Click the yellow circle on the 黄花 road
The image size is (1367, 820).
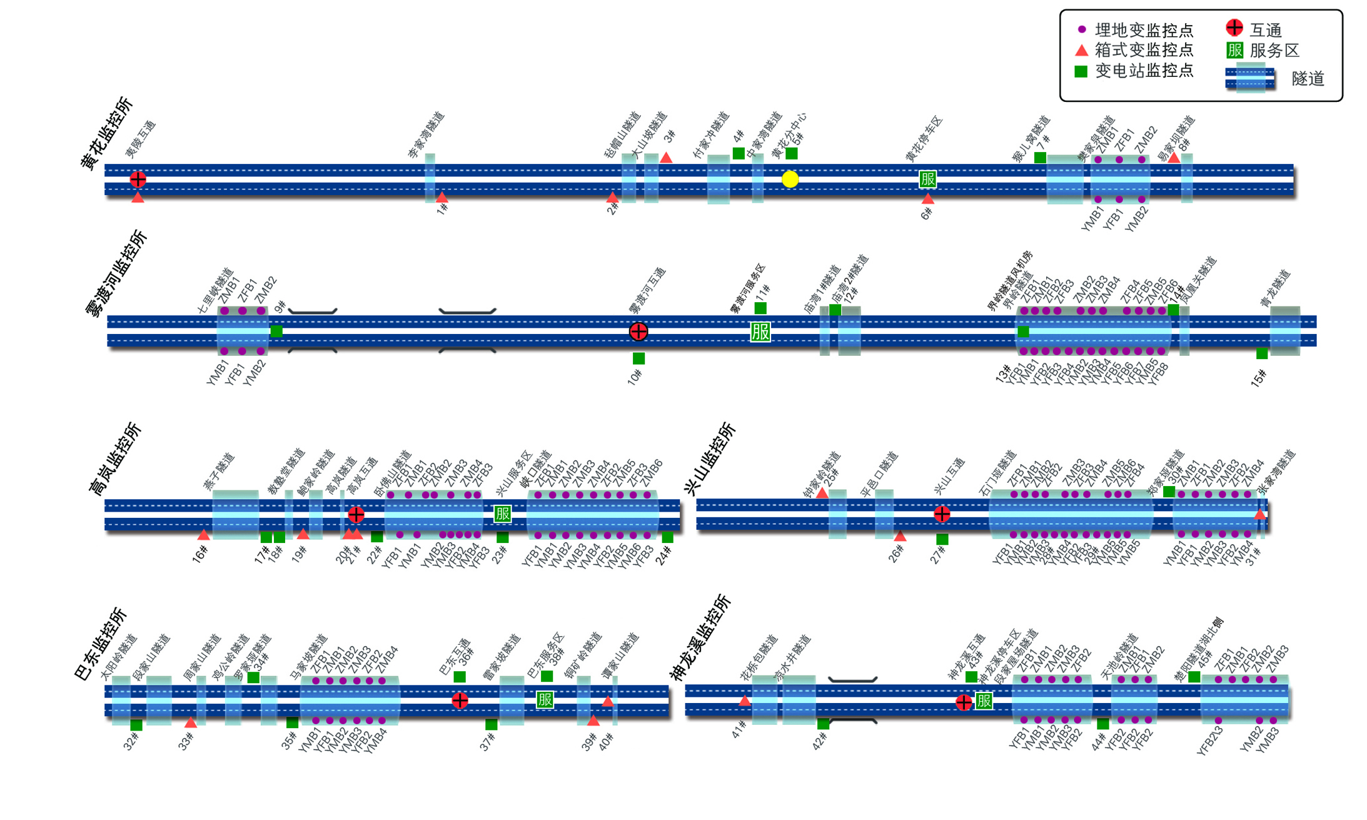click(790, 180)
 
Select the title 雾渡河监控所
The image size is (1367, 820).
click(116, 274)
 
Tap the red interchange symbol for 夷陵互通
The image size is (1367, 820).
click(138, 180)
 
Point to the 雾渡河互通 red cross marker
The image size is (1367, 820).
click(638, 332)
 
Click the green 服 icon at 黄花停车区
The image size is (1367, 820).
click(927, 180)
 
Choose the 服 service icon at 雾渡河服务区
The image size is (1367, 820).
click(760, 332)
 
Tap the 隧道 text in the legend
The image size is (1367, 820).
click(1308, 79)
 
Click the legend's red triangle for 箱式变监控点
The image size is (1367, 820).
click(1081, 50)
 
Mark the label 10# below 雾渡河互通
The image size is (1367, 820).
click(635, 377)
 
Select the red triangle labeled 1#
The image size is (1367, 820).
click(442, 198)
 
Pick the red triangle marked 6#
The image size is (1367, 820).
click(927, 199)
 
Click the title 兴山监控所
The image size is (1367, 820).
click(710, 460)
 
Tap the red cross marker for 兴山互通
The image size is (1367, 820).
click(942, 514)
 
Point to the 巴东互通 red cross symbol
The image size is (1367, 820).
click(460, 700)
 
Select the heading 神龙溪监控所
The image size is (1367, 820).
click(700, 637)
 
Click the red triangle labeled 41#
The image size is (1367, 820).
click(744, 701)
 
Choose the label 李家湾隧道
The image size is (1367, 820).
click(426, 135)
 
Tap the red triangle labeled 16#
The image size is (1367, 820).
click(203, 535)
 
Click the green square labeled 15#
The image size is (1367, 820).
click(1262, 354)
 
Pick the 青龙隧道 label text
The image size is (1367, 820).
click(1276, 288)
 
